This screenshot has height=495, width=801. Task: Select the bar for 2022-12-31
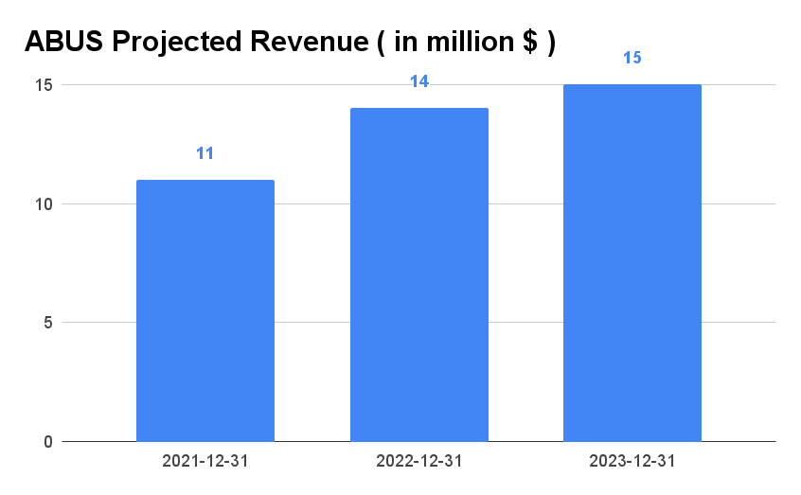(419, 274)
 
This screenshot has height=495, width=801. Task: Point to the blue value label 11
(205, 152)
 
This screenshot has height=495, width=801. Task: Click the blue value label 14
(419, 81)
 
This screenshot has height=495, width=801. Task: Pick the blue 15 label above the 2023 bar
(632, 58)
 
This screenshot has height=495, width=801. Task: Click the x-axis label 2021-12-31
(205, 461)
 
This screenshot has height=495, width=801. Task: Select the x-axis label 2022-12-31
(419, 461)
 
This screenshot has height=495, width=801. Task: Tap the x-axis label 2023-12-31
(632, 461)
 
